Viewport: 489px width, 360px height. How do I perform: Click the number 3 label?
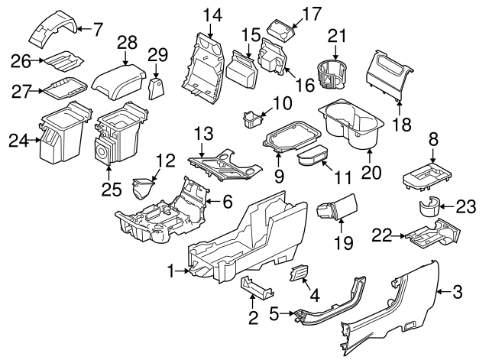pyautogui.click(x=457, y=290)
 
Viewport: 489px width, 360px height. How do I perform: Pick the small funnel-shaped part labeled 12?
pyautogui.click(x=143, y=188)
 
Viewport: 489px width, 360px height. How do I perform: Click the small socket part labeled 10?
pyautogui.click(x=250, y=119)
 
